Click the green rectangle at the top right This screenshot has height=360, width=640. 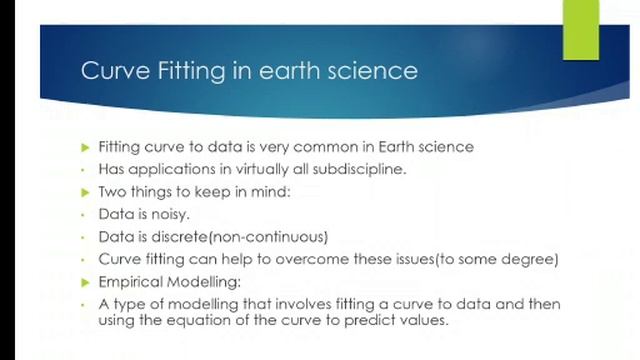click(580, 29)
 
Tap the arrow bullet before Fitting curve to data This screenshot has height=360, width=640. click(85, 147)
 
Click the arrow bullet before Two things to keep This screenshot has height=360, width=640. click(85, 192)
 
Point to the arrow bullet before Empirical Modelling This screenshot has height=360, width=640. click(85, 282)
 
